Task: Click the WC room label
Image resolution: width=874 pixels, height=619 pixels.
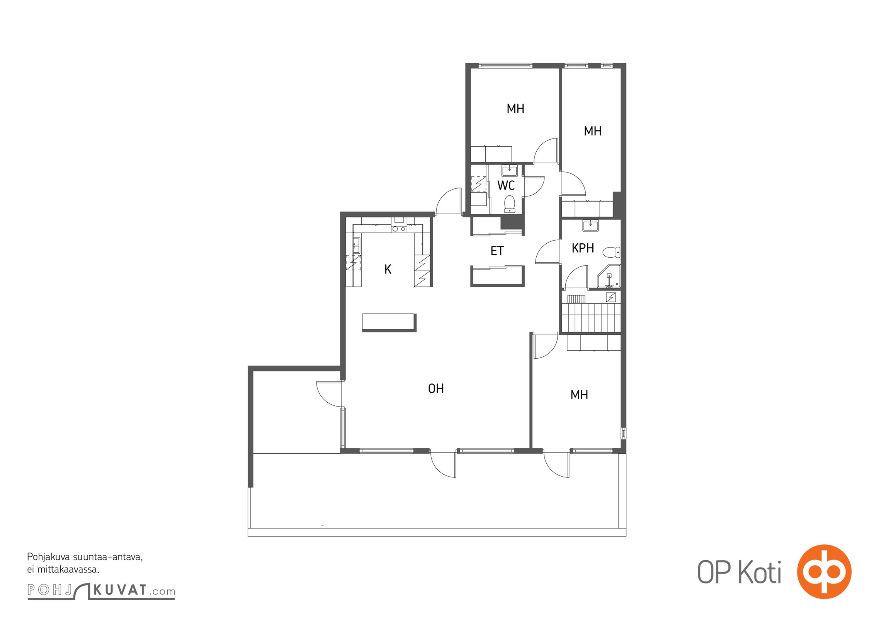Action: [x=506, y=186]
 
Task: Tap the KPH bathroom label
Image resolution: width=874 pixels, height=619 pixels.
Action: [x=583, y=248]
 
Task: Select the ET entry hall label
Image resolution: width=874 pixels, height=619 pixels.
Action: [x=497, y=251]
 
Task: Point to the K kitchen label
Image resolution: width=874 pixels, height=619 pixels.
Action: [x=388, y=269]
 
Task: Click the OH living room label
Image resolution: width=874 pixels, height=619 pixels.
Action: [x=436, y=388]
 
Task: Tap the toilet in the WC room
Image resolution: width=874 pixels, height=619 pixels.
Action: [x=510, y=204]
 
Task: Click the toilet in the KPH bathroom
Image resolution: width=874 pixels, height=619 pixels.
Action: [x=611, y=252]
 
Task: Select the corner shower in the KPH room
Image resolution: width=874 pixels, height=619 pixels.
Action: [x=609, y=277]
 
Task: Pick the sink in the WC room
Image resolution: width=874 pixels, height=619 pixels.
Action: [x=510, y=170]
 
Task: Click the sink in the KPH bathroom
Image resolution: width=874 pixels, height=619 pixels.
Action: [x=590, y=225]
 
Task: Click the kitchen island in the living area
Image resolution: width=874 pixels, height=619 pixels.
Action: [x=389, y=323]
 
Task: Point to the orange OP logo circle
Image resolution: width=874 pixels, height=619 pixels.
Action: [x=824, y=571]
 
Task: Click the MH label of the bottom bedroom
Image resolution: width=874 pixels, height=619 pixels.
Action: [x=579, y=395]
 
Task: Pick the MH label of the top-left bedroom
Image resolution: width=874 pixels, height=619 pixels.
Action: [x=515, y=109]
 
